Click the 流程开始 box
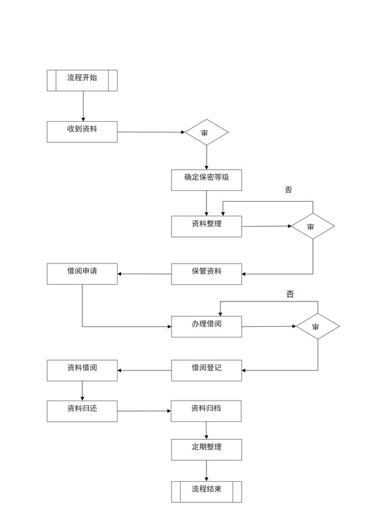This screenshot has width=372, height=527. point(82,80)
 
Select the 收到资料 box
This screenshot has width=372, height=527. point(82,132)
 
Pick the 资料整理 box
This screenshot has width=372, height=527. point(207,226)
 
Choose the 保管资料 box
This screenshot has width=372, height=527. point(207,273)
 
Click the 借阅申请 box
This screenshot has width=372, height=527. point(82,273)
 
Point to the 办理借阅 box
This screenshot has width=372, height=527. point(207,326)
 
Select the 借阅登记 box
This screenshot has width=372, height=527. point(207,370)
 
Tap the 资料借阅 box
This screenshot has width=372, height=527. point(82,370)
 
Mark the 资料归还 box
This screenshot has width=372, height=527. point(82,411)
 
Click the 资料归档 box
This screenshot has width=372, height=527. point(207,411)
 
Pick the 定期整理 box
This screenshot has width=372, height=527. point(207,450)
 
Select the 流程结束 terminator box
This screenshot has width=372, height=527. point(207,492)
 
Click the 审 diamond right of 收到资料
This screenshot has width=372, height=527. point(206,132)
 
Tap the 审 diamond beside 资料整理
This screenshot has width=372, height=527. point(312,227)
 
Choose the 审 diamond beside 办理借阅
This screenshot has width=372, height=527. point(318,327)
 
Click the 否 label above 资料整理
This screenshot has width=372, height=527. point(288,190)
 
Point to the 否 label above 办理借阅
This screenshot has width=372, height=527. point(290,293)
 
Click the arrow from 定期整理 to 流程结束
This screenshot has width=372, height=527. point(207,470)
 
